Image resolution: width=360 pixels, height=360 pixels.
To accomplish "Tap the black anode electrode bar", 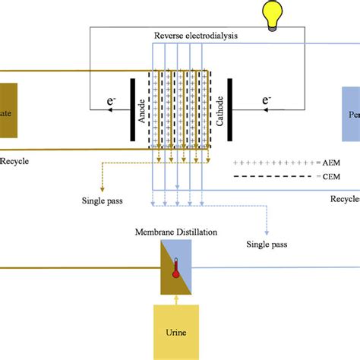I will pos(130,109).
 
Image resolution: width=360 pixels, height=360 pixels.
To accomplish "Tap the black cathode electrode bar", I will pos(231,109).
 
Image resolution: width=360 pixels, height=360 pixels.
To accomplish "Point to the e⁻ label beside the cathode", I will pos(267,99).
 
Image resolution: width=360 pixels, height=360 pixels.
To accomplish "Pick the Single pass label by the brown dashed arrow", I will pos(103,201).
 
